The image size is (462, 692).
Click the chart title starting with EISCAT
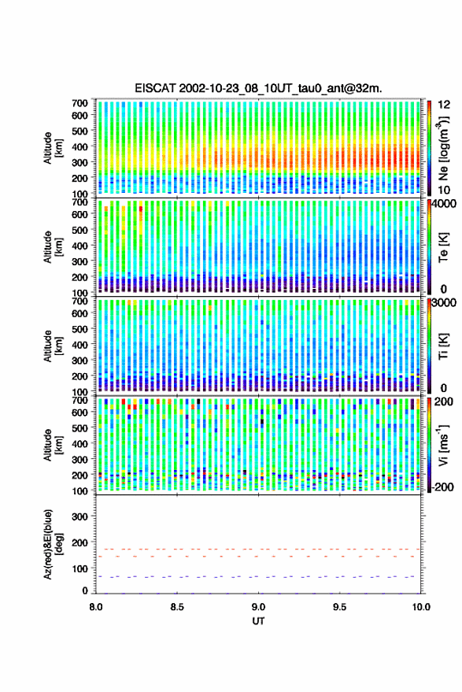pos(259,88)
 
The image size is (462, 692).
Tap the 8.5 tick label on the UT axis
pos(177,607)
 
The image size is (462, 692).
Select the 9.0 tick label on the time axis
pos(259,607)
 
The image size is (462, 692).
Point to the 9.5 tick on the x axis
pos(339,607)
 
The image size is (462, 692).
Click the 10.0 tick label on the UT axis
pos(421,607)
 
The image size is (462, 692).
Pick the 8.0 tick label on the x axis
pos(96,607)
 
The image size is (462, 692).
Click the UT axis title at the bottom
pos(259,621)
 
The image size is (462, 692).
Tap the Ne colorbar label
pos(443,148)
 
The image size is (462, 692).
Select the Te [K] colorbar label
pos(443,247)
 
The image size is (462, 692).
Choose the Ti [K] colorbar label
pos(443,346)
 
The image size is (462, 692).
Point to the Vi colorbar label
pos(443,445)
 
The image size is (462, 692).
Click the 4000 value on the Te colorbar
pos(445,204)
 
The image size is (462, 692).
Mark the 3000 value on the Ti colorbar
pos(445,303)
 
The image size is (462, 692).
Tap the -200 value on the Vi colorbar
pos(442,487)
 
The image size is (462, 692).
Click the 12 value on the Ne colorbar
pos(444,105)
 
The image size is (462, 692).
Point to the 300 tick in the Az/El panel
pos(79,516)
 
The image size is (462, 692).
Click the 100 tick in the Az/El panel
pos(79,568)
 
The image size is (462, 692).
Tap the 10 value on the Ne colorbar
pos(444,191)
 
